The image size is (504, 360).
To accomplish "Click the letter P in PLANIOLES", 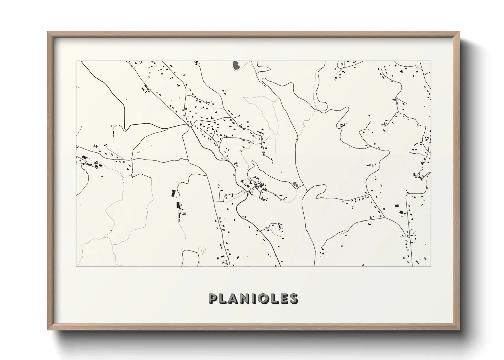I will click(x=213, y=298).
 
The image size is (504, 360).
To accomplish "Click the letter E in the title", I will click(x=282, y=298).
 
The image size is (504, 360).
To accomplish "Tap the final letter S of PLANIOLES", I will click(x=293, y=298).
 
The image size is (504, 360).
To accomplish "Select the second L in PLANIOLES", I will click(x=273, y=298).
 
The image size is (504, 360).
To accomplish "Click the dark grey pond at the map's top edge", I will click(x=235, y=65).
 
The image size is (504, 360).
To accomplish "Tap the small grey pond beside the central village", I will click(x=295, y=185).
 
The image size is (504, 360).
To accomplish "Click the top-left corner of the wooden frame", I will click(x=47, y=32).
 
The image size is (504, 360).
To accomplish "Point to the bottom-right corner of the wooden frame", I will click(x=459, y=330).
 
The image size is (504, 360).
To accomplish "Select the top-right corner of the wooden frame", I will click(x=459, y=32).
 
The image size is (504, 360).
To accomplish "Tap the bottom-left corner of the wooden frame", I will click(x=47, y=330).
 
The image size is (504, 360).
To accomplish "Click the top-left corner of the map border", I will click(x=76, y=61).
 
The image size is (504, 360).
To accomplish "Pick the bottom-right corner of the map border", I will click(x=431, y=266).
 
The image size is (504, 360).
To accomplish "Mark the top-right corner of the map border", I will click(x=431, y=61).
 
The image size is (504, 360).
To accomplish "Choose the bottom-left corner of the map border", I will click(x=76, y=266).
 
